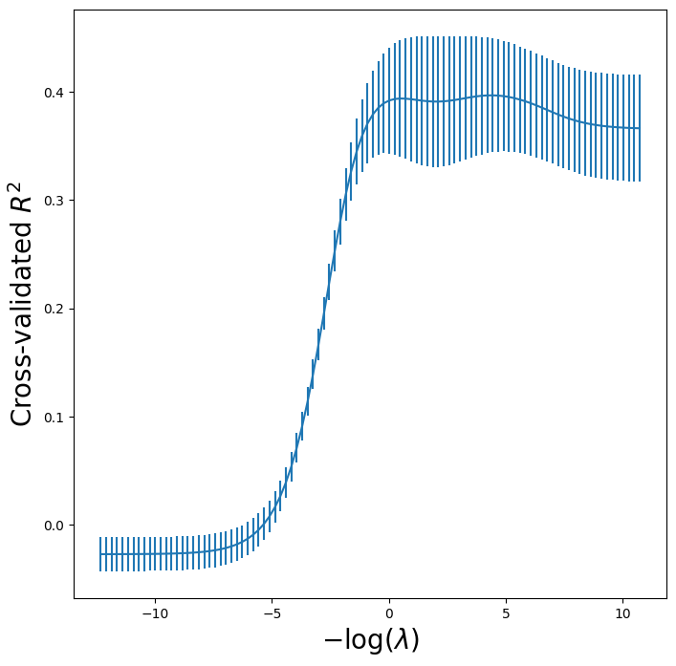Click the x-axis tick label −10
click(x=154, y=612)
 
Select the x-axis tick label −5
click(x=272, y=612)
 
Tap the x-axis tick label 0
click(x=389, y=612)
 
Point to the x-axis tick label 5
click(x=506, y=612)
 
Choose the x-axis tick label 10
click(x=622, y=612)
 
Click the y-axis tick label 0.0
click(x=55, y=526)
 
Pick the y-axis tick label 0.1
click(x=55, y=418)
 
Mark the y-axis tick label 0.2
click(x=55, y=309)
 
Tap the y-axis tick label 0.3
click(x=55, y=201)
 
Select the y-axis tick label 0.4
click(x=55, y=93)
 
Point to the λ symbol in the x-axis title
click(x=399, y=640)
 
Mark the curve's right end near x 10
click(x=639, y=128)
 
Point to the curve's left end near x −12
click(x=100, y=554)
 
